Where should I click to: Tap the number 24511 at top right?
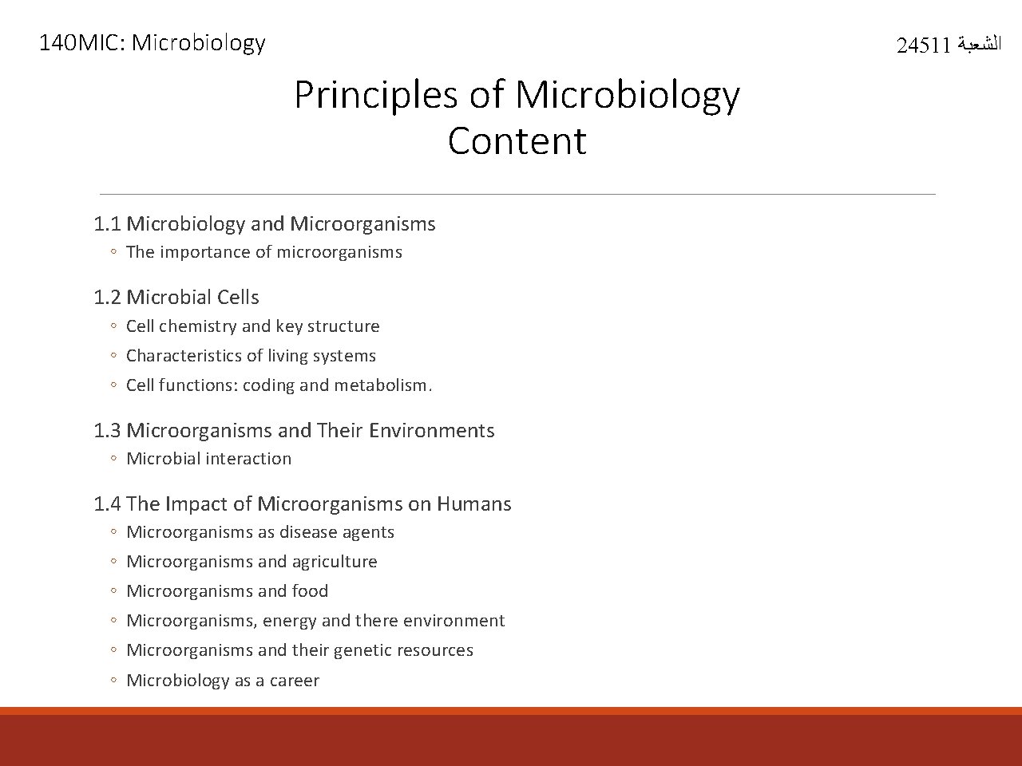click(923, 45)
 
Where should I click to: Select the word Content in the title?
click(517, 141)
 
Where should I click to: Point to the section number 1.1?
click(106, 224)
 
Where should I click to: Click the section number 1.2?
click(106, 298)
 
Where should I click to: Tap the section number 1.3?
click(106, 431)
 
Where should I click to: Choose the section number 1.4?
click(106, 504)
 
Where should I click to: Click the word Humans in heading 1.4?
click(474, 504)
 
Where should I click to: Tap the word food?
click(310, 591)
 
